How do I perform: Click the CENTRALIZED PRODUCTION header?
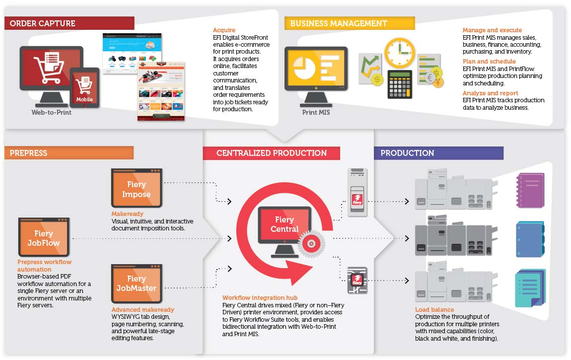(271, 153)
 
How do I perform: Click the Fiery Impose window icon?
(137, 188)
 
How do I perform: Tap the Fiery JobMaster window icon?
(137, 284)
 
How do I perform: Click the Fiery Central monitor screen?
(285, 224)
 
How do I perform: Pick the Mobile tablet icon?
(85, 87)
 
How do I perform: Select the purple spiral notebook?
(530, 190)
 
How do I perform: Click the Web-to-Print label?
(52, 112)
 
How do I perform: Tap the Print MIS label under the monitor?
(316, 112)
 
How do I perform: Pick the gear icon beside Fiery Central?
(311, 244)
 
